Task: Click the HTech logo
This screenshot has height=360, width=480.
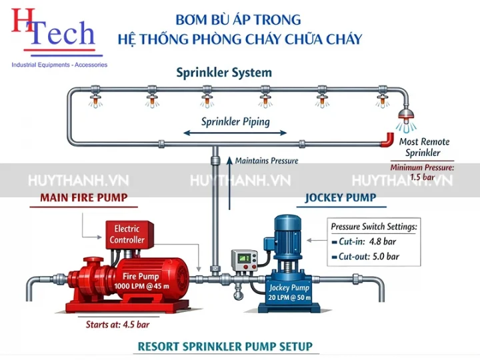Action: point(53,30)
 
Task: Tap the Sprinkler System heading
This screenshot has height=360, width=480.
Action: point(224,73)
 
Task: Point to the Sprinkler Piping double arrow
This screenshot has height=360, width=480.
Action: point(237,134)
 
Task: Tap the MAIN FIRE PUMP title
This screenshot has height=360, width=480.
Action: point(83,197)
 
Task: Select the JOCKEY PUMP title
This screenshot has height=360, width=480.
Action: point(340,197)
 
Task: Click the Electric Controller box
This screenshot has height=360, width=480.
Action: point(127,235)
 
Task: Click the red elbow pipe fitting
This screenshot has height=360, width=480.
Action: point(387,139)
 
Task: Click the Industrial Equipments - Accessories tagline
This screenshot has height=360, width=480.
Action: point(59,65)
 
